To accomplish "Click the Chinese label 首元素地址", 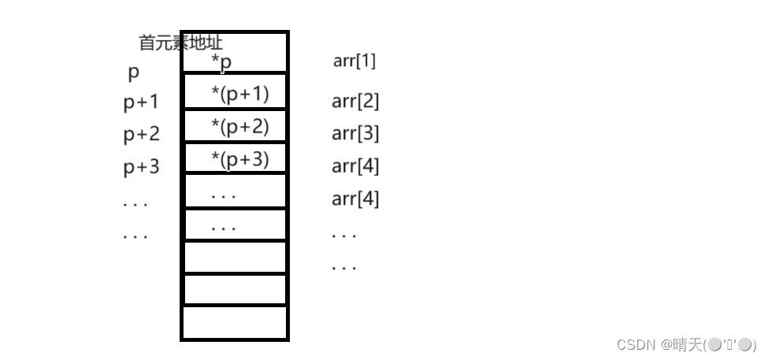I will coord(180,43).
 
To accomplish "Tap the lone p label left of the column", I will coord(133,72).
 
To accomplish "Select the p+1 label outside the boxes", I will coord(141,102).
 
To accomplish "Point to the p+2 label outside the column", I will coord(141,134).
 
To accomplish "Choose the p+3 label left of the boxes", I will coord(141,167).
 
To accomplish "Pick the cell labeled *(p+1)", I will coord(235,93).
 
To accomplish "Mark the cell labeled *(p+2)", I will coord(235,126).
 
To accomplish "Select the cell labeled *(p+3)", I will coord(235,158).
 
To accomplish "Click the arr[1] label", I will coord(354,61).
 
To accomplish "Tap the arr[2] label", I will coord(355,101).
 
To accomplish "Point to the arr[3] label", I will coord(355,133).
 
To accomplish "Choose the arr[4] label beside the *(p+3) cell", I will coord(355,166).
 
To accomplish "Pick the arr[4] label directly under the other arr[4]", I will coord(355,199).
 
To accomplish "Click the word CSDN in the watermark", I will coord(636,344).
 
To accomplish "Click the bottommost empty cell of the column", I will coord(235,322).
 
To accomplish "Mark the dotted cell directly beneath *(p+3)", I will coord(235,191).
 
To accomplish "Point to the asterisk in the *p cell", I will coord(215,58).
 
